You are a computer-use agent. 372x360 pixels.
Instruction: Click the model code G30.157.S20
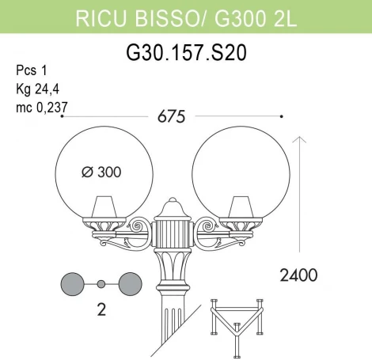(186, 53)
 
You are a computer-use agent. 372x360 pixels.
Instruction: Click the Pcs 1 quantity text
(30, 69)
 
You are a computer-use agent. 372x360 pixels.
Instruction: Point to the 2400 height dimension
(298, 275)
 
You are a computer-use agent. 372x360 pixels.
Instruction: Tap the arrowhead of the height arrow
(300, 140)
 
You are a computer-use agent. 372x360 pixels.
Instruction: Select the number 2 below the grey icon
(101, 311)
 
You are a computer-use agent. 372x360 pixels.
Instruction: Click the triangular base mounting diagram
(238, 324)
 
